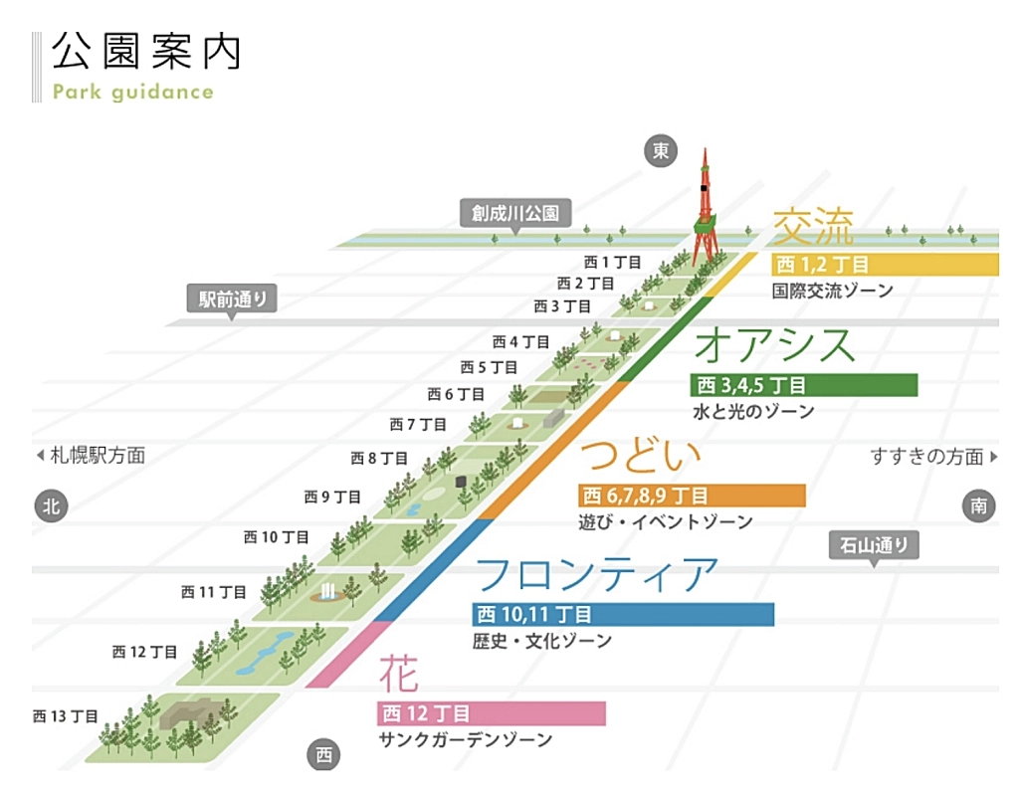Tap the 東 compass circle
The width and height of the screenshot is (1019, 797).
pyautogui.click(x=660, y=150)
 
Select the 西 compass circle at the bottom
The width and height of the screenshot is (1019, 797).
pyautogui.click(x=323, y=755)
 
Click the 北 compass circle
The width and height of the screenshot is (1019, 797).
pyautogui.click(x=50, y=505)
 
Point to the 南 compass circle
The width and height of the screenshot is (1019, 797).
pyautogui.click(x=978, y=505)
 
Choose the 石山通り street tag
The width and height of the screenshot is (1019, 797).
pyautogui.click(x=875, y=544)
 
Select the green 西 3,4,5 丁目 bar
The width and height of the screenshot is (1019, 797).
pyautogui.click(x=803, y=385)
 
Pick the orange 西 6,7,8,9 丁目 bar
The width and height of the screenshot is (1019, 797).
pyautogui.click(x=692, y=496)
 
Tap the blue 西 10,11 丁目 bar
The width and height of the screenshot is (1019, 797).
pyautogui.click(x=623, y=614)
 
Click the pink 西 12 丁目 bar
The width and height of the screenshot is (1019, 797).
pyautogui.click(x=492, y=713)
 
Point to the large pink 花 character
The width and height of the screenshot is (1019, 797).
pyautogui.click(x=398, y=675)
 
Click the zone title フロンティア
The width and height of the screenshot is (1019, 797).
pyautogui.click(x=596, y=574)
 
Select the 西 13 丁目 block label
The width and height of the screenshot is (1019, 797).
pyautogui.click(x=66, y=715)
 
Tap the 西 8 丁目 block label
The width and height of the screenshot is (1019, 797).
pyautogui.click(x=379, y=459)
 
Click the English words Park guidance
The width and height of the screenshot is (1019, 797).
pyautogui.click(x=133, y=93)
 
